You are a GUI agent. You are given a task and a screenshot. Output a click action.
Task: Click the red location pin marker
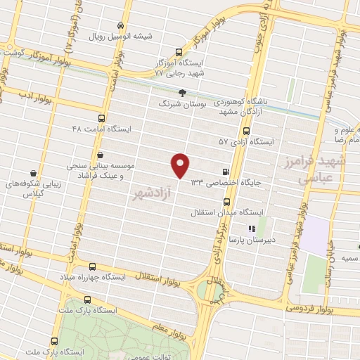[x=181, y=165]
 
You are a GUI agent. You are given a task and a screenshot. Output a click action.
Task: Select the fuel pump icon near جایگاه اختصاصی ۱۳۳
[x=225, y=171]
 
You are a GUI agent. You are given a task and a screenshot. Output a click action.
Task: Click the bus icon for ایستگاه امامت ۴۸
[x=101, y=118]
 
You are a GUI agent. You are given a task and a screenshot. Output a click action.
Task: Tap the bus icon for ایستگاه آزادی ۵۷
[x=245, y=131]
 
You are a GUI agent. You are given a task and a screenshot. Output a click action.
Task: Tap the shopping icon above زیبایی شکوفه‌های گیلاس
[x=33, y=172]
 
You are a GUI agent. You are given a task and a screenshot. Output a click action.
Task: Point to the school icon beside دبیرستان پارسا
[x=251, y=229]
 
